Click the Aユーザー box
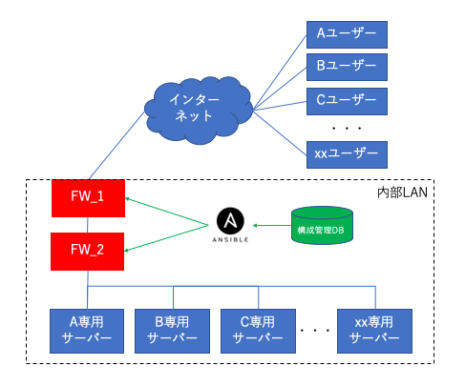(347, 35)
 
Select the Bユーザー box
(347, 67)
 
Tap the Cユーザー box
(347, 101)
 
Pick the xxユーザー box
(347, 154)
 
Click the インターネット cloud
(199, 110)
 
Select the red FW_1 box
(88, 198)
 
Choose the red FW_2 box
(87, 252)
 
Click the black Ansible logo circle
(230, 221)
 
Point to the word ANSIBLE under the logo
(230, 240)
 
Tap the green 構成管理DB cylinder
(322, 226)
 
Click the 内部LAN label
(402, 193)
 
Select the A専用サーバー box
(87, 331)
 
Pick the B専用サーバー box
(172, 331)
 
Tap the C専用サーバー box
(258, 331)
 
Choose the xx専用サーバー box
(374, 331)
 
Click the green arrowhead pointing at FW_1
(127, 199)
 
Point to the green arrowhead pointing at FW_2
(126, 251)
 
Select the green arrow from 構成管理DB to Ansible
(272, 226)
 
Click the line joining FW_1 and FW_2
(88, 225)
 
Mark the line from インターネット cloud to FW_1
(116, 145)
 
